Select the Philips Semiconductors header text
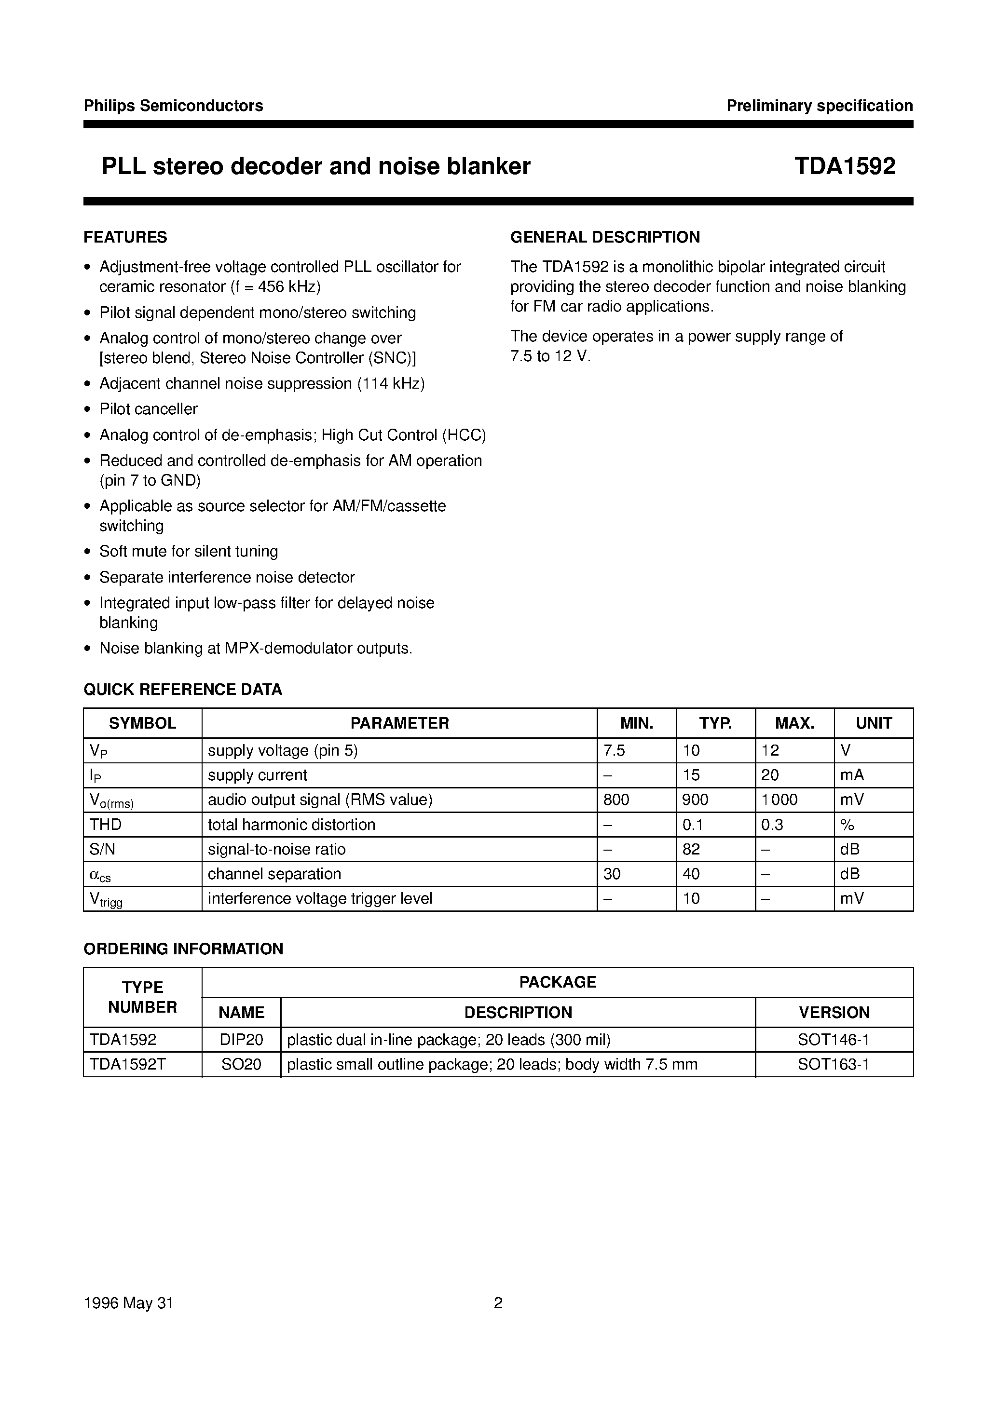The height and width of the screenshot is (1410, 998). [173, 106]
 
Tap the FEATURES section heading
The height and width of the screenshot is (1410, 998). [125, 237]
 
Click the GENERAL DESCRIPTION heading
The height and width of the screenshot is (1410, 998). [605, 237]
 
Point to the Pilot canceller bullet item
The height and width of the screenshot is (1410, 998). [148, 409]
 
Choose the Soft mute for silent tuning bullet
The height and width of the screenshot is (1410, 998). [188, 551]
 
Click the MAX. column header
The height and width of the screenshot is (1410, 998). [794, 723]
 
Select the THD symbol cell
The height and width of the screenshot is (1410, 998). [105, 825]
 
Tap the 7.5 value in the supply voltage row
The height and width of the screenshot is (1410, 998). [615, 751]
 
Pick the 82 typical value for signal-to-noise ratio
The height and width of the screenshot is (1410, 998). [691, 849]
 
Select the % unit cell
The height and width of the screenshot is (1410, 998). [847, 825]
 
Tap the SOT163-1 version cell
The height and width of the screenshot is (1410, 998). [834, 1064]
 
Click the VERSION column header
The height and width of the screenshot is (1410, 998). [834, 1012]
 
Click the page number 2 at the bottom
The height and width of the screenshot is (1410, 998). [498, 1303]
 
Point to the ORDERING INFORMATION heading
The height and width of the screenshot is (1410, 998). [183, 949]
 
